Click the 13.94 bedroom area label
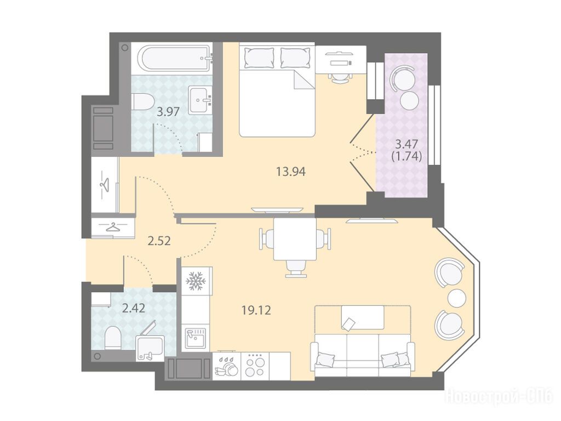[290, 172]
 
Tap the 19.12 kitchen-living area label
[256, 310]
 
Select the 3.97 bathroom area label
[168, 112]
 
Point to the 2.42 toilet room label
[134, 308]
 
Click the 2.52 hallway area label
[159, 241]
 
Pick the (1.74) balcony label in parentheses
[407, 156]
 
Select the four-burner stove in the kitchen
[255, 366]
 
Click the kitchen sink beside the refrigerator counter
[195, 337]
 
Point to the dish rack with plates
[226, 366]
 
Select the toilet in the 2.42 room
[113, 338]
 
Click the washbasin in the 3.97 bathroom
[201, 100]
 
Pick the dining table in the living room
[295, 239]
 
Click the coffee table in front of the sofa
[363, 316]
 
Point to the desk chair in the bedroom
[339, 77]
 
